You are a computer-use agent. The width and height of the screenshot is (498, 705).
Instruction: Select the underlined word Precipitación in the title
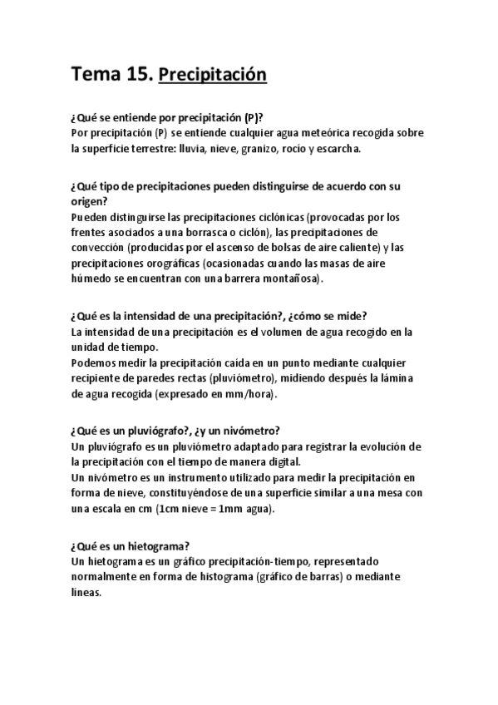tap(212, 76)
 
